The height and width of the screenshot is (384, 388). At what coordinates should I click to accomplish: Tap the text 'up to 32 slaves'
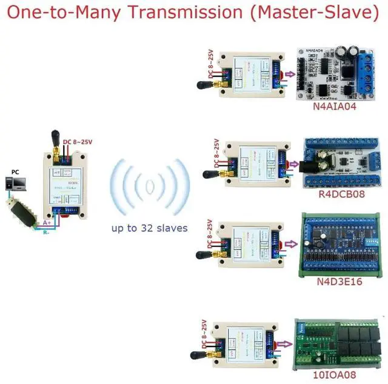[x=149, y=228]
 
